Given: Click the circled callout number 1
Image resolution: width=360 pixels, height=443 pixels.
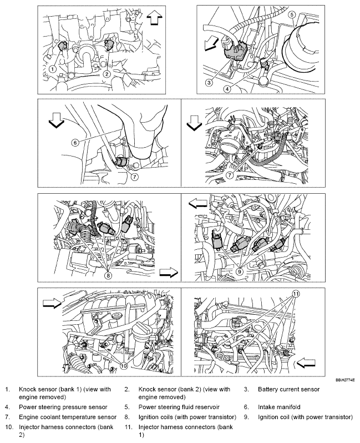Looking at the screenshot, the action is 53,68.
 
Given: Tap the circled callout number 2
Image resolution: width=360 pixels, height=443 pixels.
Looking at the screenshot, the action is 107,74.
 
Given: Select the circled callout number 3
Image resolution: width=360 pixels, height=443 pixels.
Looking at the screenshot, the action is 209,83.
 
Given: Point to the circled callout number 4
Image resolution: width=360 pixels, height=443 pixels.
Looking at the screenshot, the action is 227,89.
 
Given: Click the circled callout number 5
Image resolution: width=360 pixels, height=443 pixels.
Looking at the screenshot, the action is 292,14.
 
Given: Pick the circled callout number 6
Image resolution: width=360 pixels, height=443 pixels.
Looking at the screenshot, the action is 75,143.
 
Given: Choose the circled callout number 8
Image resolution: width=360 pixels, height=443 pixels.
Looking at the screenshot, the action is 109,274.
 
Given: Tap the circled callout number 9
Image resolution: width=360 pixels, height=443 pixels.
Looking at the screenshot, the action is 239,271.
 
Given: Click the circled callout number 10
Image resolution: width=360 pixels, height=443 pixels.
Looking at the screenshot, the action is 123,365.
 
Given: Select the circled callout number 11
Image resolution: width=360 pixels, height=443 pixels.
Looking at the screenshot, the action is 295,294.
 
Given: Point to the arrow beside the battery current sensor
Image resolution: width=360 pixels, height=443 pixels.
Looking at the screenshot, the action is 211,44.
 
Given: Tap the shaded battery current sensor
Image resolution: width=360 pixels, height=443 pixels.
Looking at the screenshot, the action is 234,50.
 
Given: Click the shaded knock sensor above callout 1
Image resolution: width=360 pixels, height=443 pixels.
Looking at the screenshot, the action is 62,45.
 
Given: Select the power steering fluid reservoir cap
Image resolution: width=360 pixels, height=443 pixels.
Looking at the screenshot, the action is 302,51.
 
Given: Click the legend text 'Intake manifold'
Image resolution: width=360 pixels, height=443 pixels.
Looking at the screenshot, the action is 279,407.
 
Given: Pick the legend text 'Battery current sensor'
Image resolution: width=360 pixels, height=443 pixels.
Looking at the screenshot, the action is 288,389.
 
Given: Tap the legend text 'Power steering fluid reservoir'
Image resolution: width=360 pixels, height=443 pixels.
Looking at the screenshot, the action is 179,407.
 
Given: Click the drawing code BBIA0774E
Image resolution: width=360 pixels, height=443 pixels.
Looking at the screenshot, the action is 346,380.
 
